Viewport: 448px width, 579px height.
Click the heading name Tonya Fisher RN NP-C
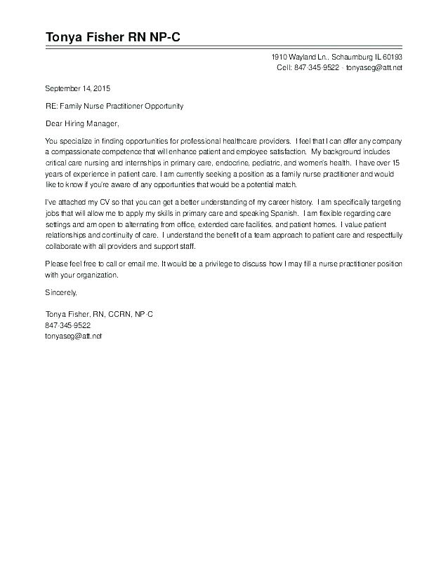tap(113, 37)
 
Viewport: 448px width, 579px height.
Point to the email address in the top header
tap(374, 67)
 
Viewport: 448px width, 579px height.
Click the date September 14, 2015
tap(78, 88)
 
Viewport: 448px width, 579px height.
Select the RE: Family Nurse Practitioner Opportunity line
tap(114, 106)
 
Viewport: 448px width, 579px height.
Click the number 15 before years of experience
tap(397, 161)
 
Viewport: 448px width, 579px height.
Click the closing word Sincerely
tap(61, 291)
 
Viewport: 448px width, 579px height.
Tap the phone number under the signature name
tap(68, 325)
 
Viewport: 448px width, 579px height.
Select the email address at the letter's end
tap(74, 336)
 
